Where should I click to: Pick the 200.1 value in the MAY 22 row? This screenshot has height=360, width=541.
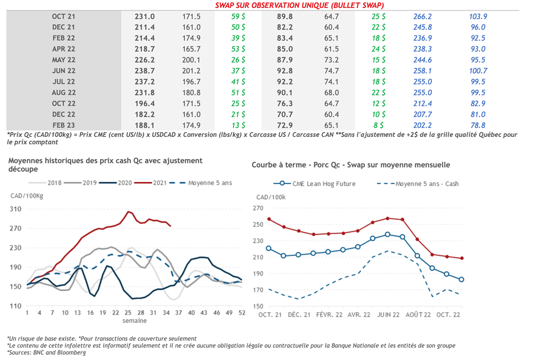(191, 60)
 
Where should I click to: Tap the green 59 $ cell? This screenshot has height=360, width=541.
(238, 16)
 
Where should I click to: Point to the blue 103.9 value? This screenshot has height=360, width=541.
(478, 16)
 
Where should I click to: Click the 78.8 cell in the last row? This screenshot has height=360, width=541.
(478, 125)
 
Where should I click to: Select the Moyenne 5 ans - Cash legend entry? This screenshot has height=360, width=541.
(426, 183)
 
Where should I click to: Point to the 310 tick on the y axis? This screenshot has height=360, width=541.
(17, 209)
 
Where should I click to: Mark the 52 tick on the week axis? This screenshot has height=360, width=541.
(241, 312)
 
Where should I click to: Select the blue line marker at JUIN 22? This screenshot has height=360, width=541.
(388, 234)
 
